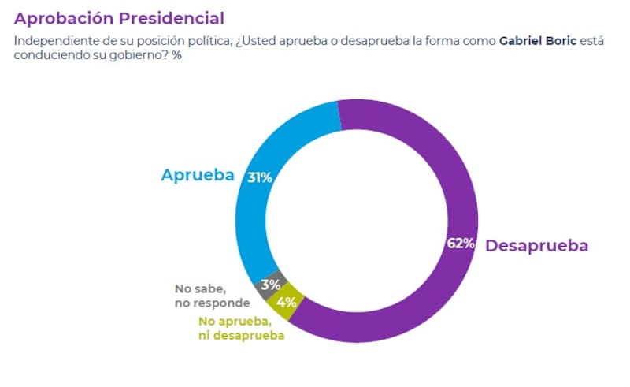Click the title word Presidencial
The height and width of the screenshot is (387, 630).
tap(169, 17)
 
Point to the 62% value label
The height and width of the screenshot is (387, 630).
tap(460, 244)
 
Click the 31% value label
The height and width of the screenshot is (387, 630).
tap(259, 177)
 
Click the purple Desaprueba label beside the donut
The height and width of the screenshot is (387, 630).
tap(536, 245)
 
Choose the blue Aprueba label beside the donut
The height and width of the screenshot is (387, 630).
tap(198, 175)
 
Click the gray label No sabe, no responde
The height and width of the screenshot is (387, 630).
tap(211, 295)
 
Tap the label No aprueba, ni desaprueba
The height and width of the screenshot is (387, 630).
tap(241, 328)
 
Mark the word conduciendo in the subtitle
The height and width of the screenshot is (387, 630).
tap(49, 56)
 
